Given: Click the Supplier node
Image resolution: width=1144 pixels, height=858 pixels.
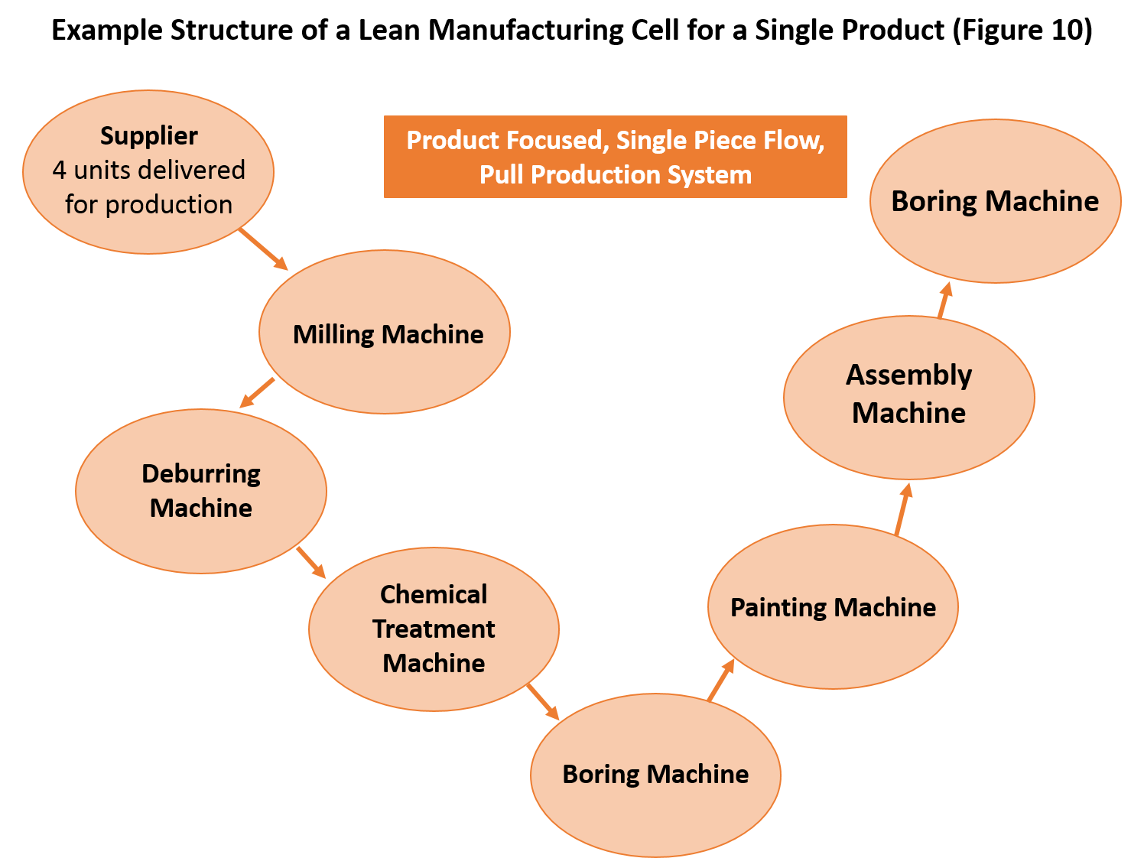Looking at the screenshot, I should click(148, 172).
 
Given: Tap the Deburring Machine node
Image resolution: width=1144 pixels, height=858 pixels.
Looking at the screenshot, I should click(201, 491).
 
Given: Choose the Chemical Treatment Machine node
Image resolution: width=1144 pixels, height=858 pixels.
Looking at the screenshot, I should click(434, 629).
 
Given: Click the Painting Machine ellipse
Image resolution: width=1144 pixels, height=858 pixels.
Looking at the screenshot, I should click(833, 606).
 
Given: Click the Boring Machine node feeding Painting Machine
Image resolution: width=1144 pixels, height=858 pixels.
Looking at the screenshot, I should click(655, 774).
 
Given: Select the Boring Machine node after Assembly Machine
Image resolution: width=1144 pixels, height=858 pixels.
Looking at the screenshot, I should click(995, 201).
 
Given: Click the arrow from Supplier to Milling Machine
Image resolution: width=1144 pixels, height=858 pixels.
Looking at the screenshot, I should click(263, 249).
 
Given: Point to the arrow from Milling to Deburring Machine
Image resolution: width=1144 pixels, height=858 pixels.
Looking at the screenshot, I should click(257, 392).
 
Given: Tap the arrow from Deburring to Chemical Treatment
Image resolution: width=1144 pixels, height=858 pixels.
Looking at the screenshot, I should click(311, 562).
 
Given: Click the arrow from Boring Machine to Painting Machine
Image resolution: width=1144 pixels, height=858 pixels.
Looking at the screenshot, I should click(721, 680).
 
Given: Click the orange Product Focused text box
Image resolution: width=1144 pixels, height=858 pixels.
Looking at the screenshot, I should click(615, 157).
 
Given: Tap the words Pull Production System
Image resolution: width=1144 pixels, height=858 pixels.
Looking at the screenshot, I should click(615, 175).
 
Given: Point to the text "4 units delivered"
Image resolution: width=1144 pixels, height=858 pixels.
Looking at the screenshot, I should click(148, 170).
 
